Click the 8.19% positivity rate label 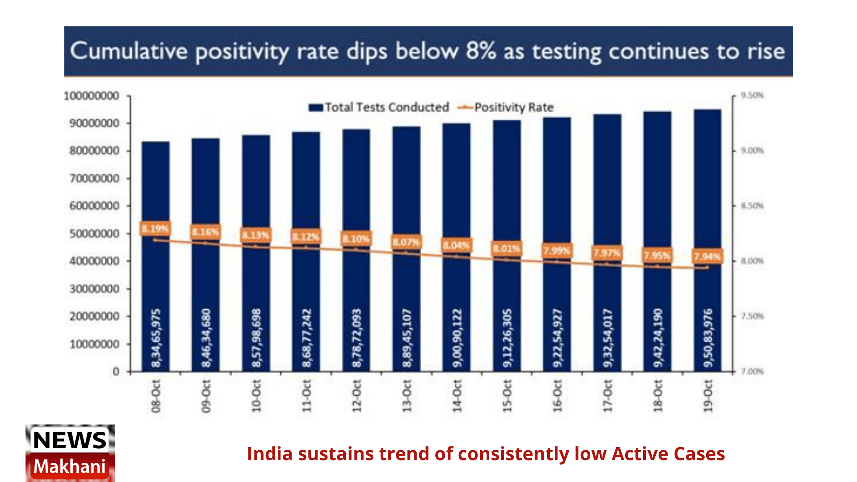coord(155,229)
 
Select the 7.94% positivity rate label coord(707,256)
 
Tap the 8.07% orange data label coord(406,242)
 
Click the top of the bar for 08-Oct coord(155,142)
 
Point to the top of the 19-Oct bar coord(707,110)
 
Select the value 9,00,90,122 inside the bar coord(457,338)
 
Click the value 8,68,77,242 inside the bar coord(306,338)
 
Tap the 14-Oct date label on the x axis coord(457,396)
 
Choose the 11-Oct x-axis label coord(306,396)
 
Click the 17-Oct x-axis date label coord(607,396)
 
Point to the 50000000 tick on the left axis coord(94,233)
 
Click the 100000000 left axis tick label coord(91,96)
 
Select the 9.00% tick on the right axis coord(752,151)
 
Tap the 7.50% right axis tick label coord(752,316)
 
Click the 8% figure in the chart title coord(481,51)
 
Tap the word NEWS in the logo coord(70,440)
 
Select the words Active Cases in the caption coord(668,454)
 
